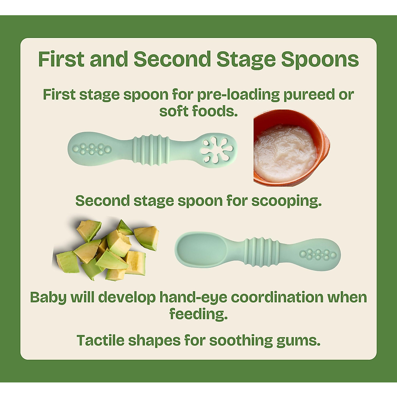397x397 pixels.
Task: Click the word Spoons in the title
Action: (x=320, y=60)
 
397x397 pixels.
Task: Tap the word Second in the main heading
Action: (x=172, y=60)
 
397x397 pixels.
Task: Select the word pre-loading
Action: (x=238, y=95)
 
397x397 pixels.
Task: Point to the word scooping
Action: (x=286, y=201)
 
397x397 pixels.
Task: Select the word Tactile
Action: (x=101, y=340)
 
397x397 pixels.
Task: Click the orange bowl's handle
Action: (x=326, y=146)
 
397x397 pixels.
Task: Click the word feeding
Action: (x=198, y=314)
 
